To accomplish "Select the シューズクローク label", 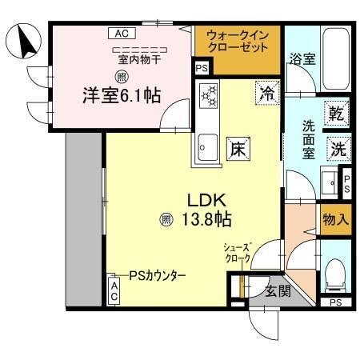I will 239,252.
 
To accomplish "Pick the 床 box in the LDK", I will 238,147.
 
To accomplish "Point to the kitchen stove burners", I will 209,97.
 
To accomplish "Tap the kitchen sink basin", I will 208,147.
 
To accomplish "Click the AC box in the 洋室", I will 120,34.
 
